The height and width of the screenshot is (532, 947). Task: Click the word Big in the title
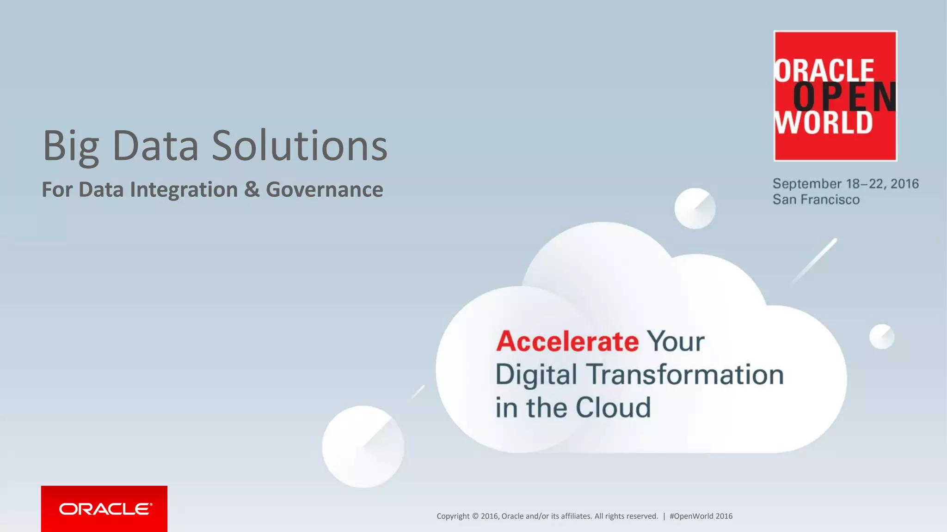[71, 147]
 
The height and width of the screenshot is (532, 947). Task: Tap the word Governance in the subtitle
[324, 189]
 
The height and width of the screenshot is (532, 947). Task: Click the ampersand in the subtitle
[252, 189]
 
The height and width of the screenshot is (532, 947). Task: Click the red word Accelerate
[567, 341]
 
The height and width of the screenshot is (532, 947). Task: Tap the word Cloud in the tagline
[613, 407]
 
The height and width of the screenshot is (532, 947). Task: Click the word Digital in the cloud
[536, 375]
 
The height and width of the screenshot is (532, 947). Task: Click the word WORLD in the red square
[824, 122]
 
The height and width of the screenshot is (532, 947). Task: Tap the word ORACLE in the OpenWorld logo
[824, 71]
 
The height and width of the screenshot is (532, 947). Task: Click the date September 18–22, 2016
[845, 184]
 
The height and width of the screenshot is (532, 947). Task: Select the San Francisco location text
[816, 199]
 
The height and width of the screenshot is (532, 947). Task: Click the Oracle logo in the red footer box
[105, 509]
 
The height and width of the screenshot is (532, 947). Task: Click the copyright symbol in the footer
[475, 516]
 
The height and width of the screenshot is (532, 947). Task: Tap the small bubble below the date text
[695, 208]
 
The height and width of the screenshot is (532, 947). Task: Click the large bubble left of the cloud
[363, 447]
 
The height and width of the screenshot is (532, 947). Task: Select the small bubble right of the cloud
[881, 336]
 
